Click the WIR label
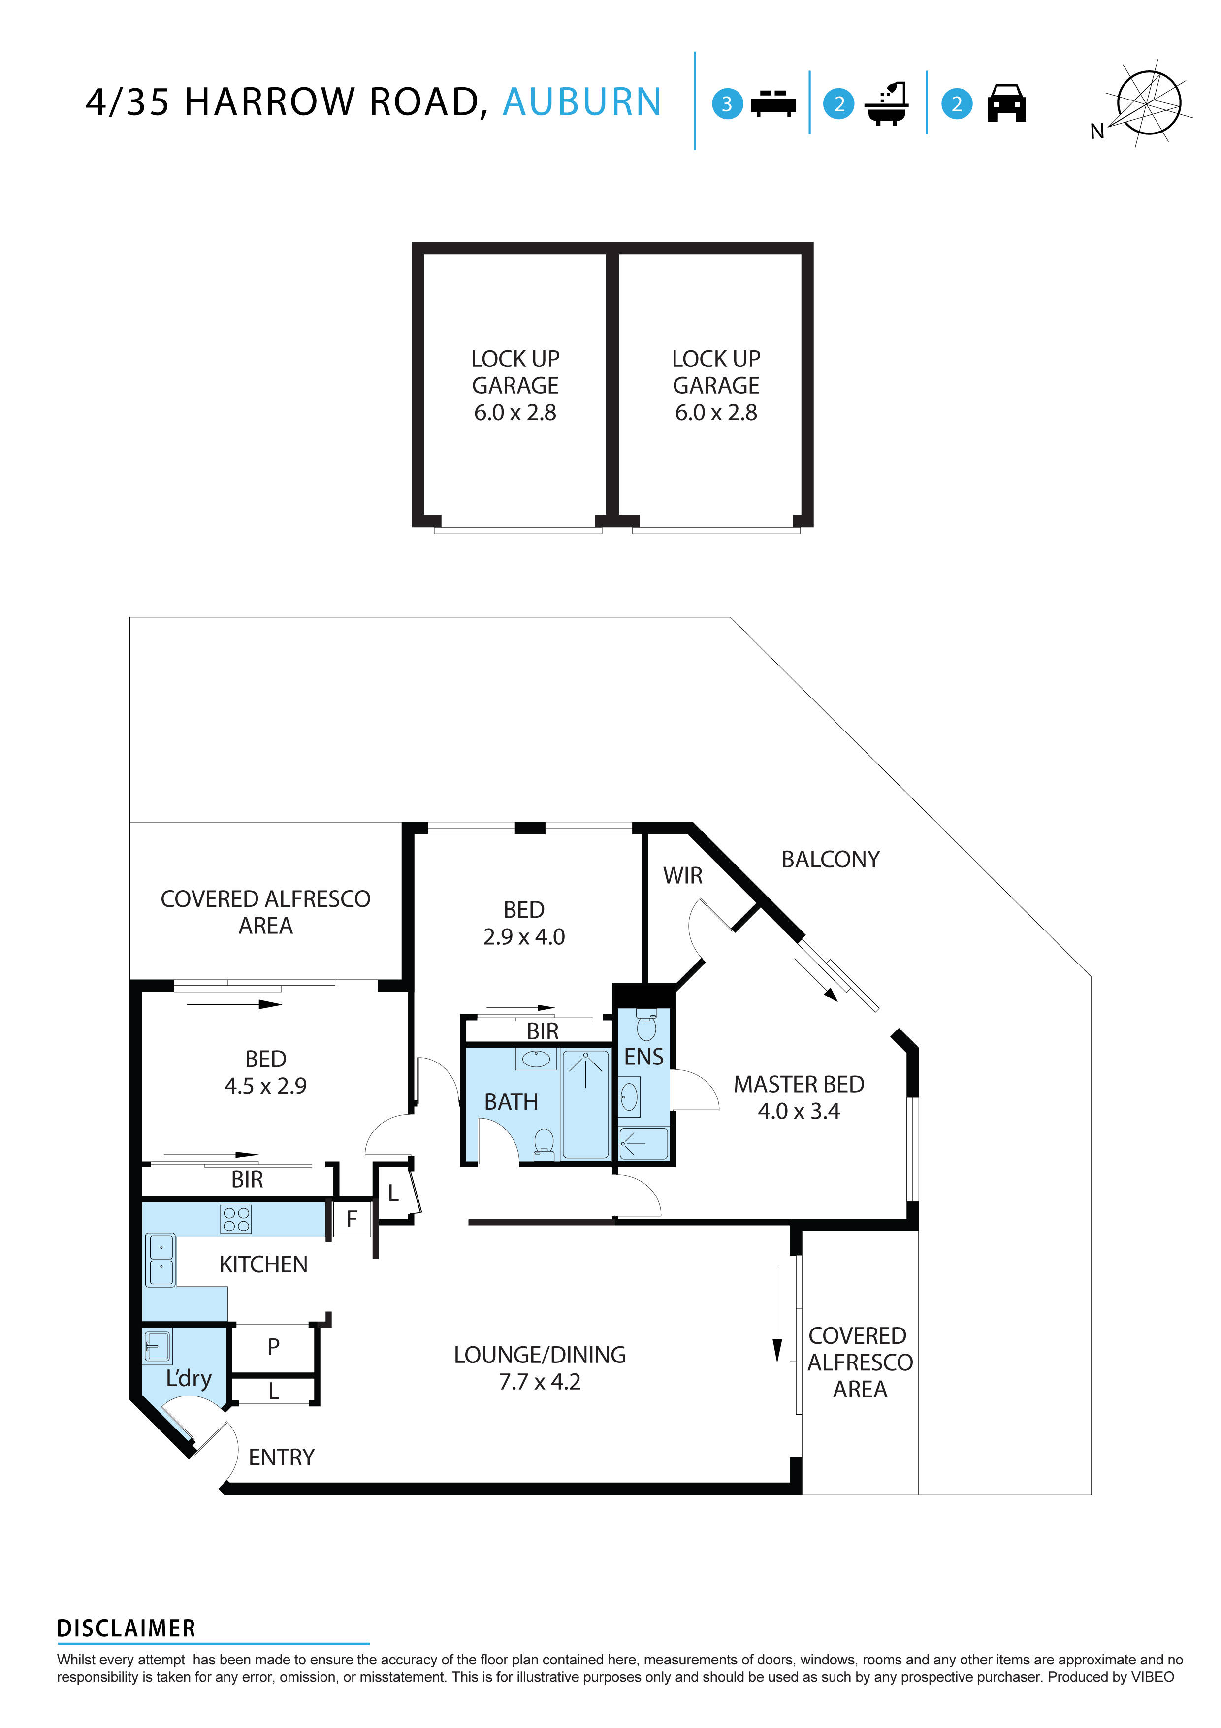(682, 875)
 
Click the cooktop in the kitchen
(236, 1219)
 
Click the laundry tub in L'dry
(157, 1346)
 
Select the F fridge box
(352, 1219)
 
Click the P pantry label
(273, 1346)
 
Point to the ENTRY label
(281, 1458)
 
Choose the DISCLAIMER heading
(127, 1628)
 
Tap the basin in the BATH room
(536, 1060)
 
